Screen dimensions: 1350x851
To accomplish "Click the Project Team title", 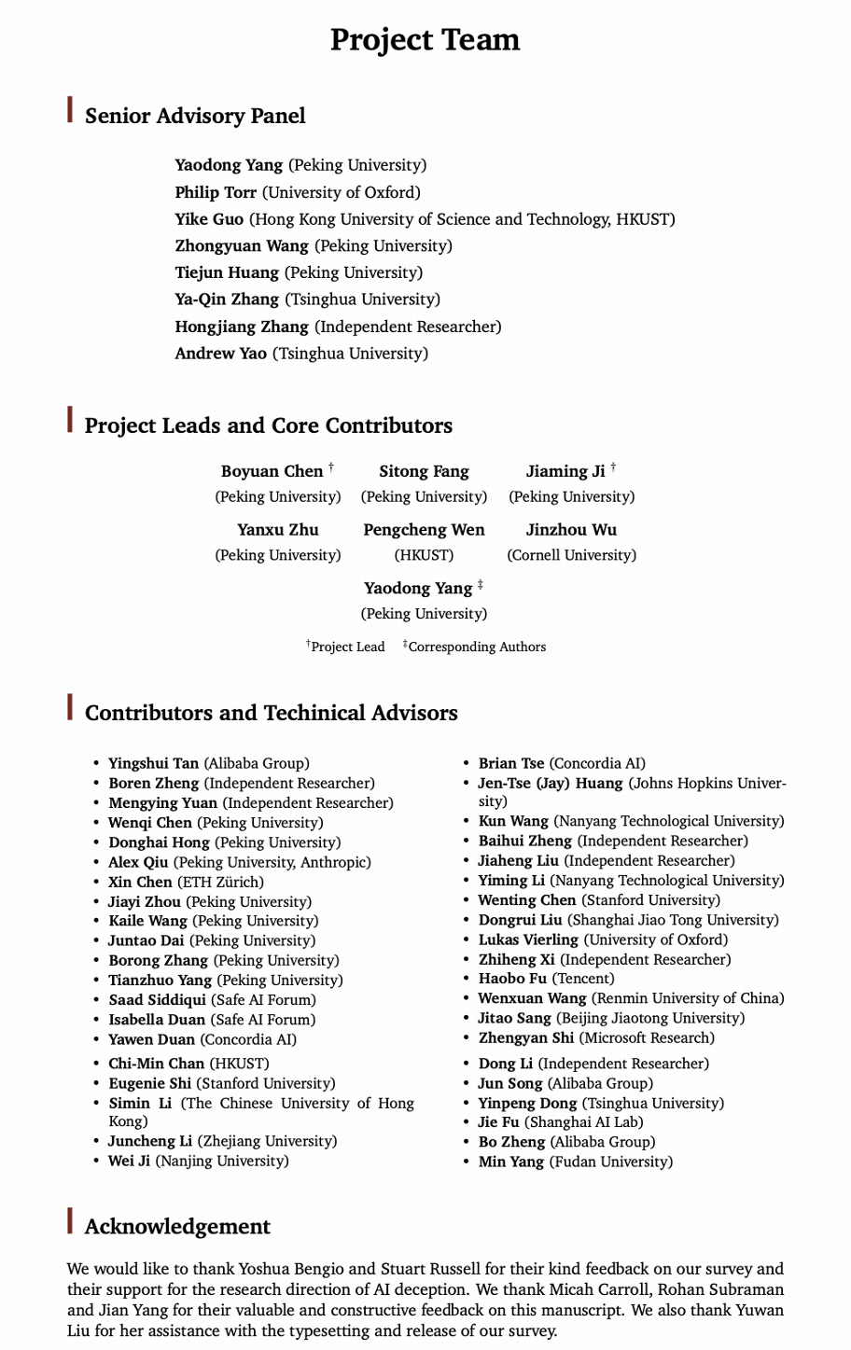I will click(x=425, y=40).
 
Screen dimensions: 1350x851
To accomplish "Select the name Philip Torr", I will click(x=216, y=192).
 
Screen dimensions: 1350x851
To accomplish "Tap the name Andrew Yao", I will click(x=220, y=354).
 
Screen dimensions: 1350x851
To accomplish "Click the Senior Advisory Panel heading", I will click(x=195, y=117).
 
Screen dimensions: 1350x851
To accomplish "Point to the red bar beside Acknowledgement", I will click(x=70, y=1221).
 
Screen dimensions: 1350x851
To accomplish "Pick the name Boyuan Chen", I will click(x=271, y=471).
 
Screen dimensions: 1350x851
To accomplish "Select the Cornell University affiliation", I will click(x=572, y=555).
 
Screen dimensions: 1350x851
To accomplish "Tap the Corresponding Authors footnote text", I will click(x=477, y=647).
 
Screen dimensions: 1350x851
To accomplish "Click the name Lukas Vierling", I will click(x=528, y=939).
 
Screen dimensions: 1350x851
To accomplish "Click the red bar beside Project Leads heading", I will click(x=70, y=420).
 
